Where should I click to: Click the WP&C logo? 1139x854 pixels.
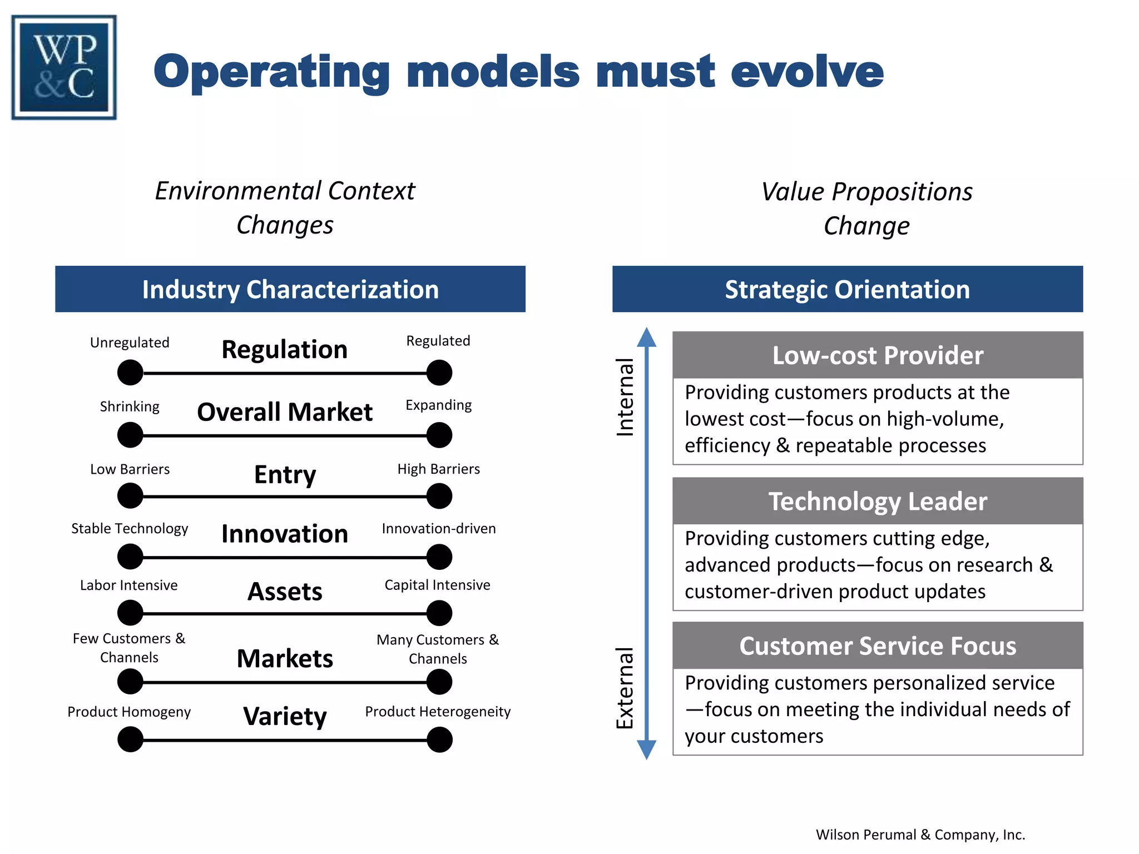[x=64, y=67]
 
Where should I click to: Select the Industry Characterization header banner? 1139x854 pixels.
[x=290, y=289]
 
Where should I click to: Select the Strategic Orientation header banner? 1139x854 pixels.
[x=847, y=289]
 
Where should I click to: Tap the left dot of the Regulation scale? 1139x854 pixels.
[x=130, y=373]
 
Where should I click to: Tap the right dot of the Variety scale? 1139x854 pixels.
[x=439, y=740]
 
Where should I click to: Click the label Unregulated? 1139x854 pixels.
[x=130, y=342]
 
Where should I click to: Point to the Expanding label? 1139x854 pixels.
[x=438, y=405]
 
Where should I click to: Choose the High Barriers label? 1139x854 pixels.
[x=438, y=469]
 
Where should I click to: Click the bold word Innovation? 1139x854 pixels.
[x=284, y=534]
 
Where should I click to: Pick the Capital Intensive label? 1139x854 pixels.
[x=437, y=585]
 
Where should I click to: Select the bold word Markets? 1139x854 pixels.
[x=284, y=659]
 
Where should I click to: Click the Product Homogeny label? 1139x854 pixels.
[x=129, y=712]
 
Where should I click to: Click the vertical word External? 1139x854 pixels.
[x=625, y=688]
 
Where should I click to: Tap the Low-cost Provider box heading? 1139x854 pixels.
[x=877, y=355]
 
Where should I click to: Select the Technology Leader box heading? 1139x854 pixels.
[x=877, y=501]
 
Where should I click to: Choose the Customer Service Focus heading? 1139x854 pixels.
[x=877, y=646]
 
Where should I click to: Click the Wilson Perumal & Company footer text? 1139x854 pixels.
[x=920, y=835]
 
